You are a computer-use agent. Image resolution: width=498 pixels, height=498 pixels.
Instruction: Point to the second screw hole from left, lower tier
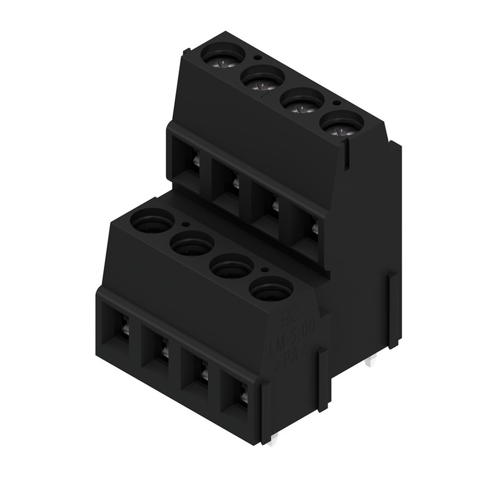(192, 244)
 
